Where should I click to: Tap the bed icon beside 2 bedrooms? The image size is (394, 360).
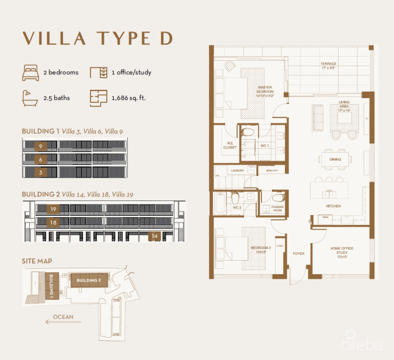tap(30, 73)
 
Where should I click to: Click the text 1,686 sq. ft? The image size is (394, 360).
tap(128, 98)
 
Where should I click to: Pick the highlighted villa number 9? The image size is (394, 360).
tap(41, 146)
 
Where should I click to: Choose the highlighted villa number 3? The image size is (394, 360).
tap(41, 173)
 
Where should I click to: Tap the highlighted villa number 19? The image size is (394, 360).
tap(53, 209)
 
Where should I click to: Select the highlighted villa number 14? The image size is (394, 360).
tap(154, 236)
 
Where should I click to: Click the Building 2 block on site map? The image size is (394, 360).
tap(87, 280)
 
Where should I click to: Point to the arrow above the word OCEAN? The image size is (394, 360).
tap(63, 321)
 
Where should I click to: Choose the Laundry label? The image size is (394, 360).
tap(237, 171)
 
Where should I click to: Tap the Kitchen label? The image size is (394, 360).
tap(333, 206)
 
